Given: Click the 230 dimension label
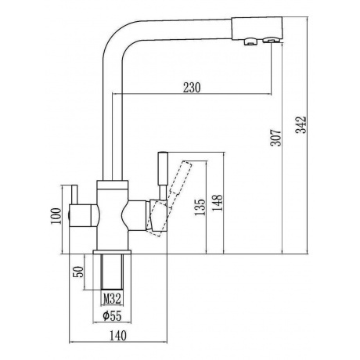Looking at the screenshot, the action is pyautogui.click(x=192, y=88).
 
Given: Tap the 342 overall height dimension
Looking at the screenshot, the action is pyautogui.click(x=301, y=125).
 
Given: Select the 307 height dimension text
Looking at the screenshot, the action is pyautogui.click(x=275, y=137).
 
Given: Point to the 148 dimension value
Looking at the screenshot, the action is pyautogui.click(x=218, y=203).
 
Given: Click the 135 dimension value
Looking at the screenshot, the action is pyautogui.click(x=200, y=207).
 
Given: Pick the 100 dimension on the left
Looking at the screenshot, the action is pyautogui.click(x=56, y=216).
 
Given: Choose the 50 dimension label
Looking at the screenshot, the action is pyautogui.click(x=79, y=272).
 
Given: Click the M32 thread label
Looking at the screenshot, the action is pyautogui.click(x=112, y=299).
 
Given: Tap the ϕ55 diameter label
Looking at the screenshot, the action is pyautogui.click(x=112, y=316).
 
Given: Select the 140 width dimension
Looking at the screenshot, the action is pyautogui.click(x=117, y=335).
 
